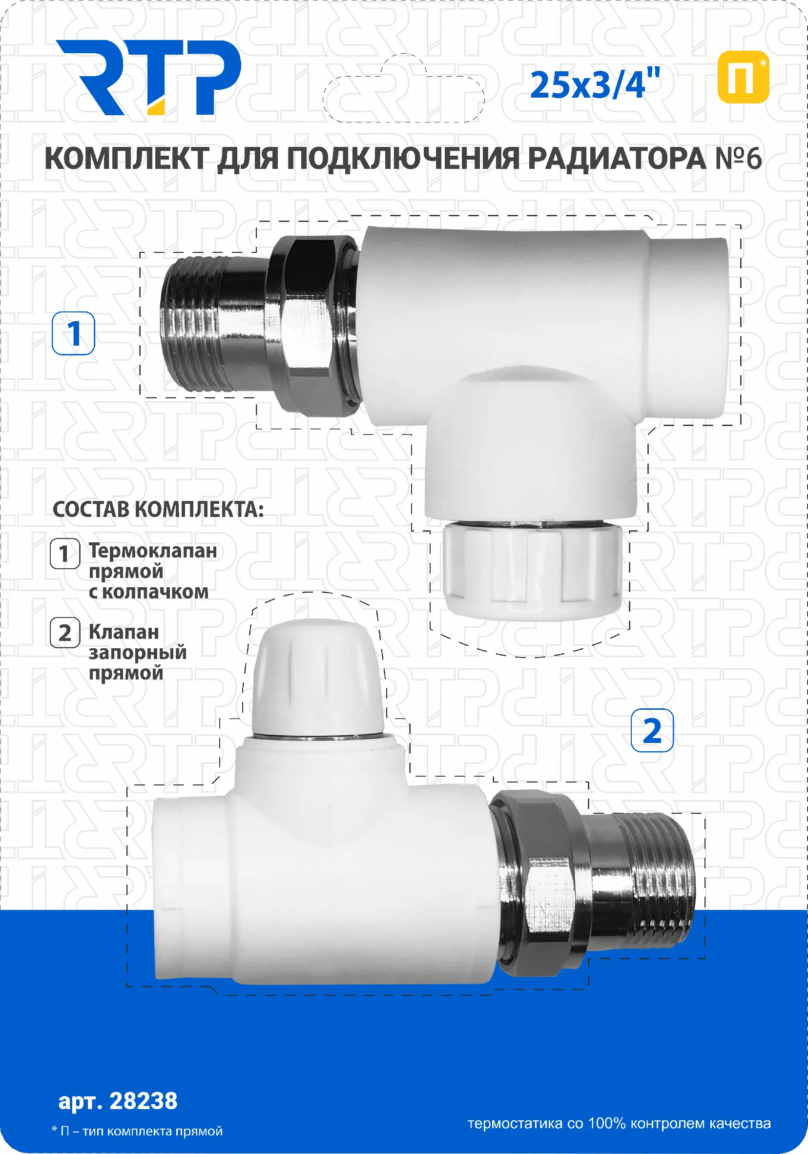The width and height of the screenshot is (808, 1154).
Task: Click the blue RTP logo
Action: click(148, 78)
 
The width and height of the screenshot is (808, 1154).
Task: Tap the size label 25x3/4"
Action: click(595, 84)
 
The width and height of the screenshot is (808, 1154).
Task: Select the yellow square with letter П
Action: click(743, 77)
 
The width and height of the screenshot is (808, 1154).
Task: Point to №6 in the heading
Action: click(738, 159)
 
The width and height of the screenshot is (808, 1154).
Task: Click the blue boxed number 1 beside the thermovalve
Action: click(73, 333)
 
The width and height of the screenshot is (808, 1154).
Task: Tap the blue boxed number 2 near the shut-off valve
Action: click(652, 730)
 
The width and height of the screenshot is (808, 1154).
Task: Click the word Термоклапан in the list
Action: click(153, 551)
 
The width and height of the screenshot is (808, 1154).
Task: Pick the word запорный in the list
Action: click(138, 653)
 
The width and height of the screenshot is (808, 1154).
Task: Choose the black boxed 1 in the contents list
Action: click(65, 554)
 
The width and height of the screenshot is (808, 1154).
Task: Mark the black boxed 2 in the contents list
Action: click(65, 632)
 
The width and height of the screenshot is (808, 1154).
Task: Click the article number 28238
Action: click(144, 1101)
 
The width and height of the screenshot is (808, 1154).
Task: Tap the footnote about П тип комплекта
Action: click(137, 1132)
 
